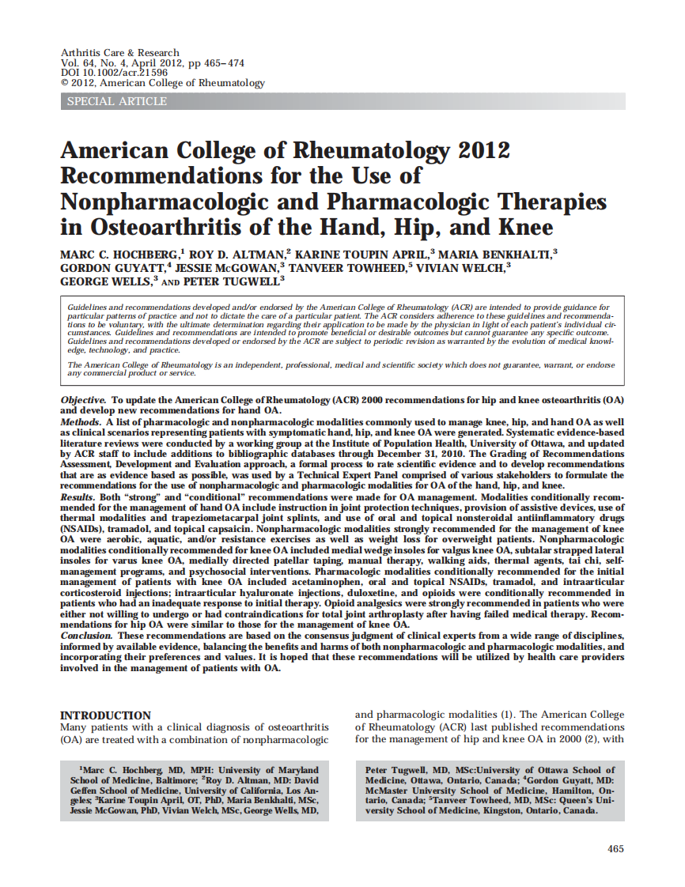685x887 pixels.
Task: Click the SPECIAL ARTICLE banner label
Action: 117,101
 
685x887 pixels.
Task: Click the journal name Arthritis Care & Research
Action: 120,52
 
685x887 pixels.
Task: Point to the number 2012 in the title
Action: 472,150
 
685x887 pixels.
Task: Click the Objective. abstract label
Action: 83,401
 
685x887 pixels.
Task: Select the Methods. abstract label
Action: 81,424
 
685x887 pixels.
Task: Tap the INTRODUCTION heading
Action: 105,715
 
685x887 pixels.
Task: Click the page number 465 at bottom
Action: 615,849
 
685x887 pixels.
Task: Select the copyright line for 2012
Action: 163,82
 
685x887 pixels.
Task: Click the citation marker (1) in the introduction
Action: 484,715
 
